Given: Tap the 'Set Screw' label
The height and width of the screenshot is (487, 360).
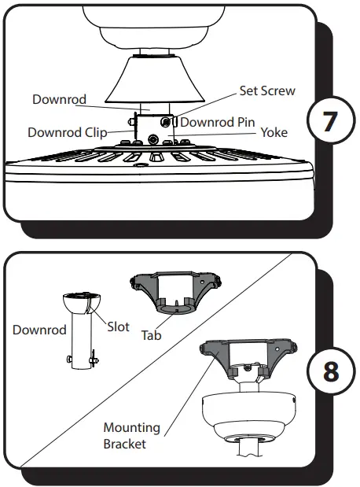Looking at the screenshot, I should (x=268, y=90).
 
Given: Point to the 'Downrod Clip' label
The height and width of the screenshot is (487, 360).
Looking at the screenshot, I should (x=67, y=132).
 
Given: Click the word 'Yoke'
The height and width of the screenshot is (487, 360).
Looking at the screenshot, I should (x=274, y=132).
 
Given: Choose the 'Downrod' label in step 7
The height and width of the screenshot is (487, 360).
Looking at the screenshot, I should (x=59, y=99).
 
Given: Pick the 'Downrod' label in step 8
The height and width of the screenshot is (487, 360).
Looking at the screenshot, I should (x=39, y=330).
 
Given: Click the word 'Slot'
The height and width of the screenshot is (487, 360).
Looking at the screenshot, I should (x=118, y=327).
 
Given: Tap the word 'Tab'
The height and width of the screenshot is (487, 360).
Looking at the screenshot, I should (x=151, y=334).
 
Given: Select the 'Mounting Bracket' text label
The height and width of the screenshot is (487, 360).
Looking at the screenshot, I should (x=131, y=434).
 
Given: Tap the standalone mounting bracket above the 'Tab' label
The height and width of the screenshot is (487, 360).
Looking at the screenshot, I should (x=176, y=292).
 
